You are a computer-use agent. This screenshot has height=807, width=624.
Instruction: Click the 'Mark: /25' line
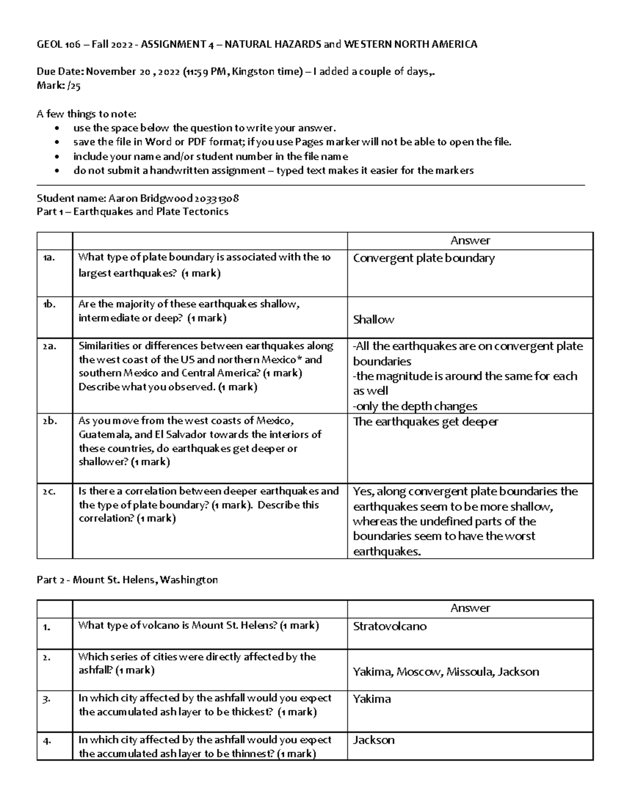58,86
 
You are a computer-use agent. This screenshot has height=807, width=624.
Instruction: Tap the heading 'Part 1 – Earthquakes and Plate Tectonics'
132,211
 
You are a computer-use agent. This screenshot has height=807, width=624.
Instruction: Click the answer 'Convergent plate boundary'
423,258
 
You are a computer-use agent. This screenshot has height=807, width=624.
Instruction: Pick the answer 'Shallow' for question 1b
373,320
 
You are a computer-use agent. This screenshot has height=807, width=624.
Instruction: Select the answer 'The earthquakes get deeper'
425,421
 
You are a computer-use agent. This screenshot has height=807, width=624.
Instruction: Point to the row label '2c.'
49,492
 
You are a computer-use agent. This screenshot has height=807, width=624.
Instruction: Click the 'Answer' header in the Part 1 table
470,241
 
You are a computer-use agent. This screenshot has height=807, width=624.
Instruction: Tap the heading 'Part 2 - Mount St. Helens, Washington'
127,579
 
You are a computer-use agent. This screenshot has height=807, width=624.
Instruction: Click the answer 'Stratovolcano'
389,626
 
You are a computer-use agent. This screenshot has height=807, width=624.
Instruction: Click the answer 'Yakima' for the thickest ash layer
371,699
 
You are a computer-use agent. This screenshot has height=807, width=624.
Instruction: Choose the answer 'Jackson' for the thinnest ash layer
373,740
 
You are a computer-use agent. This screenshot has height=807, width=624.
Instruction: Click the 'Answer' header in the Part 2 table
470,608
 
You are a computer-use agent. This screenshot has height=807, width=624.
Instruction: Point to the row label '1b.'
49,305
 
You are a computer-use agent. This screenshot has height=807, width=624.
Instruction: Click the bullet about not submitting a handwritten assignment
273,170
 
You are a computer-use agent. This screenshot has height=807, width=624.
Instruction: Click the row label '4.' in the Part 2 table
47,741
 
